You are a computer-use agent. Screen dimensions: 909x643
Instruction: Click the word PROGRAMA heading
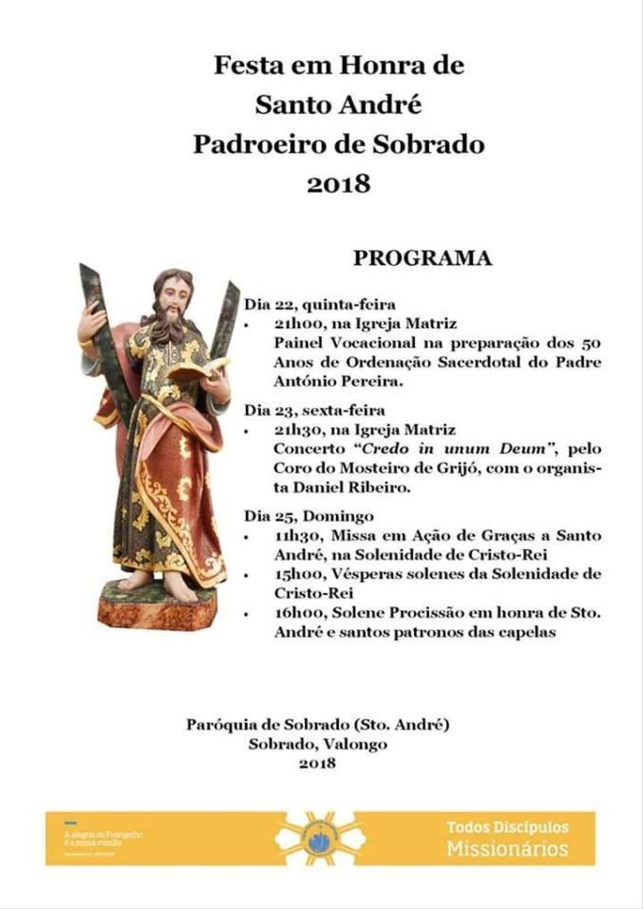point(422,259)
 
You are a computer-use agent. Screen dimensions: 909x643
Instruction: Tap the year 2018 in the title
point(338,184)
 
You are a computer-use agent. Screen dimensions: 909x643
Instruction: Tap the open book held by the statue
point(198,369)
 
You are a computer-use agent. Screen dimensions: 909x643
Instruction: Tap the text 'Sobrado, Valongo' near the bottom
point(317,744)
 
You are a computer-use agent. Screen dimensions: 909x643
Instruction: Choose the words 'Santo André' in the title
point(338,105)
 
